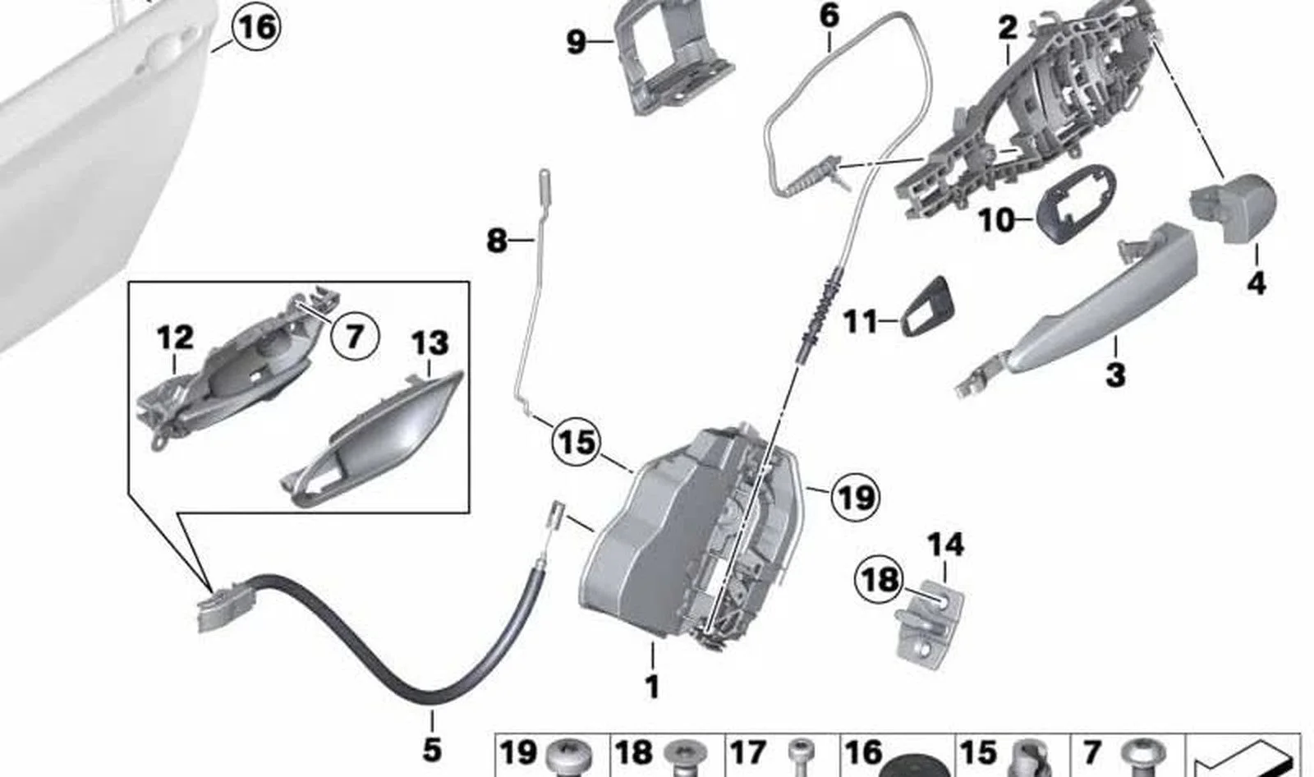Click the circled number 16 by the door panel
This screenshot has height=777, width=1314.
[256, 28]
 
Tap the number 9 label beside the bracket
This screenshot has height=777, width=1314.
[576, 42]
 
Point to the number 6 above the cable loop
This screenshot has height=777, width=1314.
[829, 16]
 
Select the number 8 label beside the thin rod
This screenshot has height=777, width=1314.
[497, 241]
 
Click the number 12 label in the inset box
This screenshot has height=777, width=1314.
[175, 338]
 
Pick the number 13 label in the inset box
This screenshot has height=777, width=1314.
[430, 343]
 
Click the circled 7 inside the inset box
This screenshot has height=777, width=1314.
[354, 337]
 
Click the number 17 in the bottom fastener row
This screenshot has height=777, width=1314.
[748, 753]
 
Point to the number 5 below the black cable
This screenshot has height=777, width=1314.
[432, 750]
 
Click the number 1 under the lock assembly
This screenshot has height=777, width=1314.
[652, 687]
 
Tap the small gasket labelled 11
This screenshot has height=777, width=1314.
[927, 306]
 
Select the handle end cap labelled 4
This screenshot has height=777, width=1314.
[1232, 209]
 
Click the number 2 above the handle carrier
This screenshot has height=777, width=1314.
[1008, 28]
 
